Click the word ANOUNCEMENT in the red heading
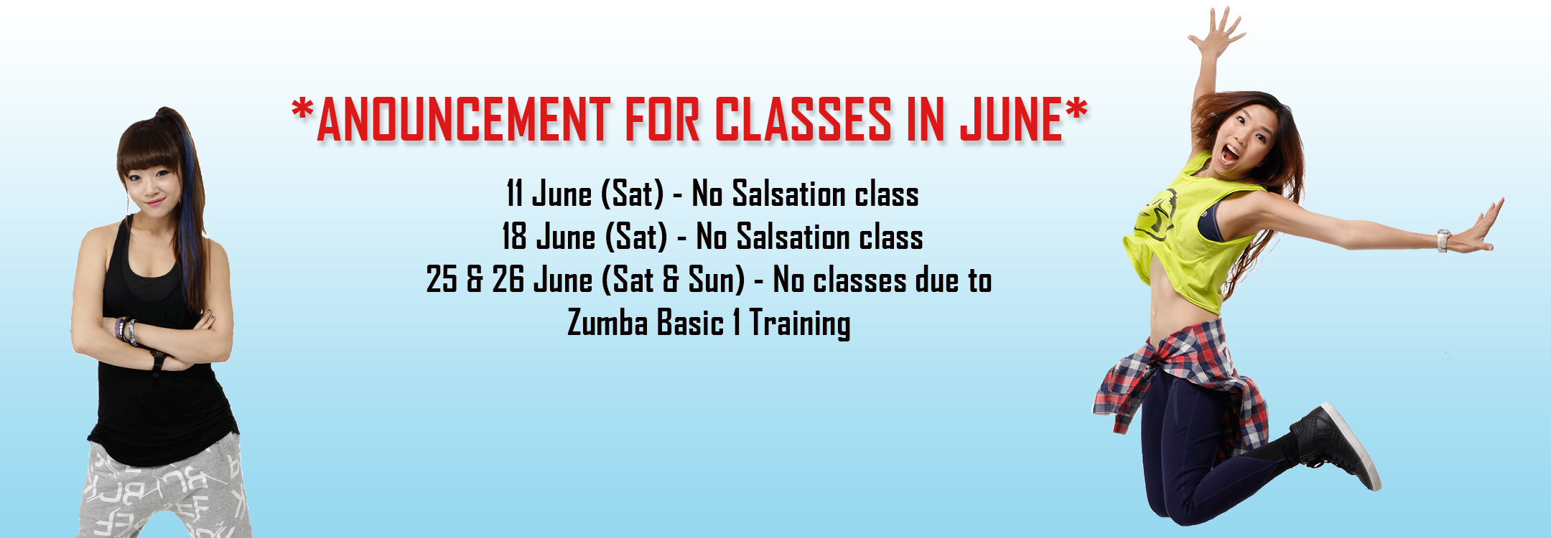(x=463, y=119)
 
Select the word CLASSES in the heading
(x=803, y=119)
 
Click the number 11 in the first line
(x=514, y=194)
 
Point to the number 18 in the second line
(x=514, y=237)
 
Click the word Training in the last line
(x=800, y=324)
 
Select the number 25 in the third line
(x=442, y=280)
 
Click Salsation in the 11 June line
(x=778, y=194)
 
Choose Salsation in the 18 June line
(x=783, y=237)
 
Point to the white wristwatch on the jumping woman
(x=1443, y=240)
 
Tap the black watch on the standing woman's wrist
(x=157, y=361)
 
